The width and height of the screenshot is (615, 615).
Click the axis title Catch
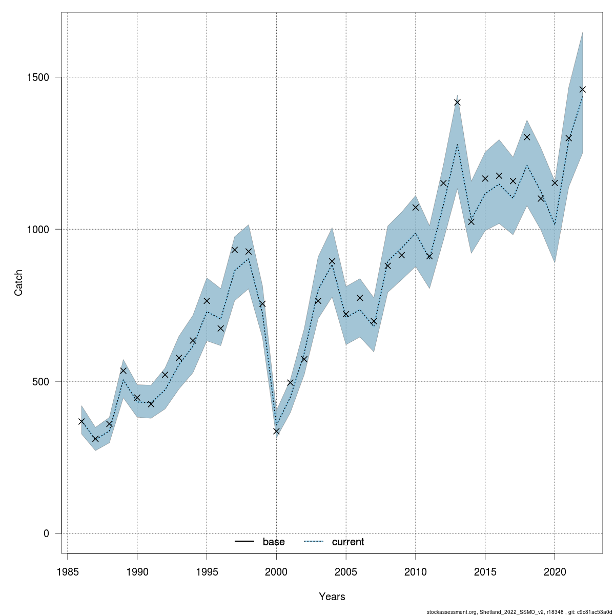[19, 282]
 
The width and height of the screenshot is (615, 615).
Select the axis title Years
[332, 597]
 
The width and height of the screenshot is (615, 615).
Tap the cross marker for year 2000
[277, 432]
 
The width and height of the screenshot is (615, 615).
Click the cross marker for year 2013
[457, 102]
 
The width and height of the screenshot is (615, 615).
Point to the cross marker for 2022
[582, 89]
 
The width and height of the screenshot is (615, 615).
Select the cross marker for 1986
[81, 421]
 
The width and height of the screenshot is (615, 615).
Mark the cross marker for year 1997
[235, 250]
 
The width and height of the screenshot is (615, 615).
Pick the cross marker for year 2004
[332, 261]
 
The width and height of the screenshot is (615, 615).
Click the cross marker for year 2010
[416, 207]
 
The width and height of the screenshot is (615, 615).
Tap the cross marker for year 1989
[123, 370]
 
